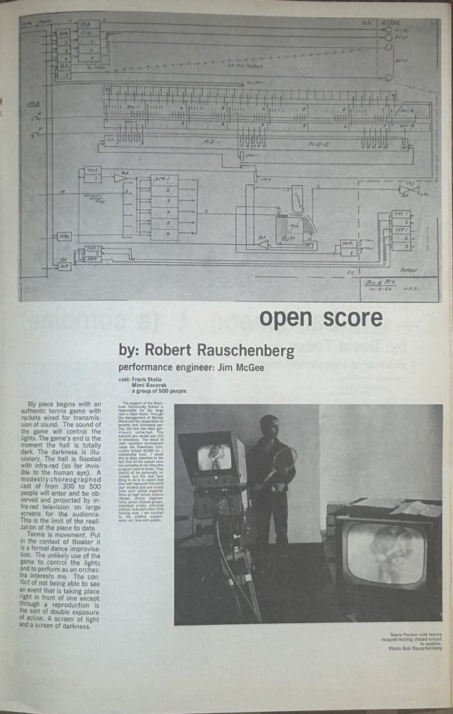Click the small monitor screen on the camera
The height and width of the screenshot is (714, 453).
point(214,457)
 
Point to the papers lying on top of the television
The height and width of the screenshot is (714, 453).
point(414,508)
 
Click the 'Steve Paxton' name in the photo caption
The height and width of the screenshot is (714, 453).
point(404,633)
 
